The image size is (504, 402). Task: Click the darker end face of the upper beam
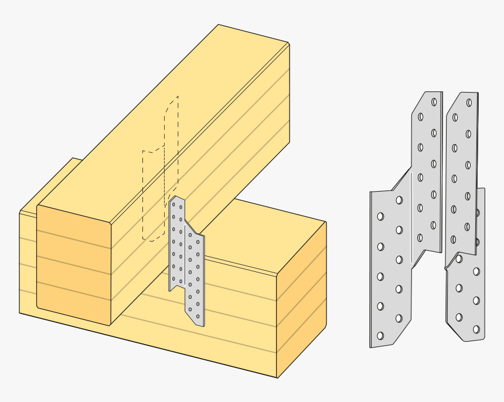point(73,264)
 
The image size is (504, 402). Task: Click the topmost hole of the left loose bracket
point(434,102)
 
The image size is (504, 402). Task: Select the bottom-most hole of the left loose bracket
point(380,336)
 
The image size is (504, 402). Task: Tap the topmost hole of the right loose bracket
point(469,103)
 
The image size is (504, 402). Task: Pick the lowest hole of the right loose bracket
point(476,329)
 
